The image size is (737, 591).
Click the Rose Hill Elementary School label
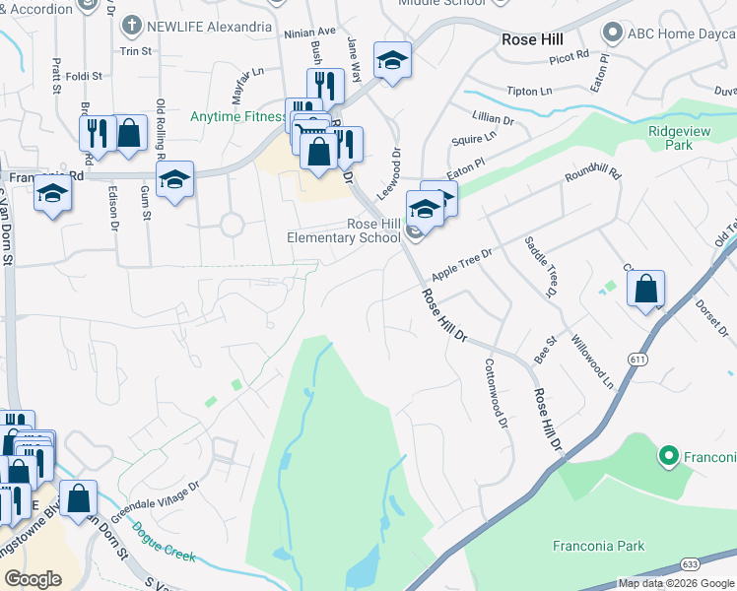click(x=344, y=230)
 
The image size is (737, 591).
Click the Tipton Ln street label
click(x=529, y=92)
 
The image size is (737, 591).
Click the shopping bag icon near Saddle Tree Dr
click(x=645, y=291)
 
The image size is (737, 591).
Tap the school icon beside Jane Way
click(x=392, y=62)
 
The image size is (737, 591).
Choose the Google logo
click(x=33, y=579)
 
